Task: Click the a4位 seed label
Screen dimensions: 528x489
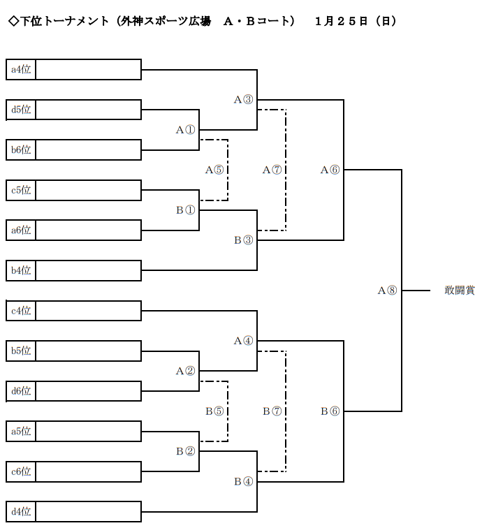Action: click(x=21, y=69)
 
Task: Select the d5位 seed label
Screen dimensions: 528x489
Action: click(x=21, y=110)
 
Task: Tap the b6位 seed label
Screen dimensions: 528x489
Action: click(x=21, y=149)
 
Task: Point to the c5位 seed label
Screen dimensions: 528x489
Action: click(x=21, y=189)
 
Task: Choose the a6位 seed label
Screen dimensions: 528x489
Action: click(x=21, y=230)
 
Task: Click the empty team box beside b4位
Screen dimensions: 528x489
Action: click(x=88, y=270)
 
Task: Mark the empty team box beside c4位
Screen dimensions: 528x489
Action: click(x=88, y=310)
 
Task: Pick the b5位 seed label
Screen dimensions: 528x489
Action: click(x=21, y=350)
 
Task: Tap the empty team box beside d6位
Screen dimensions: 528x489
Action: click(x=88, y=390)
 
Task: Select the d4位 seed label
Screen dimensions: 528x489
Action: click(x=21, y=511)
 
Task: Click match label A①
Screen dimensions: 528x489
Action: click(x=185, y=130)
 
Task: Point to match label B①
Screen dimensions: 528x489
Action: click(x=185, y=210)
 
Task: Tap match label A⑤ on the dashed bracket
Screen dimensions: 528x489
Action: click(x=214, y=170)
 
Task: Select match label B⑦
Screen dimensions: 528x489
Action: click(x=272, y=411)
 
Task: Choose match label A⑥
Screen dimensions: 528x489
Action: click(x=330, y=170)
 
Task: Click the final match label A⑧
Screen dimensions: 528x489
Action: click(x=387, y=291)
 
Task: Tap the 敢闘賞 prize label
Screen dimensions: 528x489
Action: click(x=459, y=291)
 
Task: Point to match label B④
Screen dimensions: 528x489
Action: click(x=243, y=481)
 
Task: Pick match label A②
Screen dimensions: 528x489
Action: click(x=185, y=371)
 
